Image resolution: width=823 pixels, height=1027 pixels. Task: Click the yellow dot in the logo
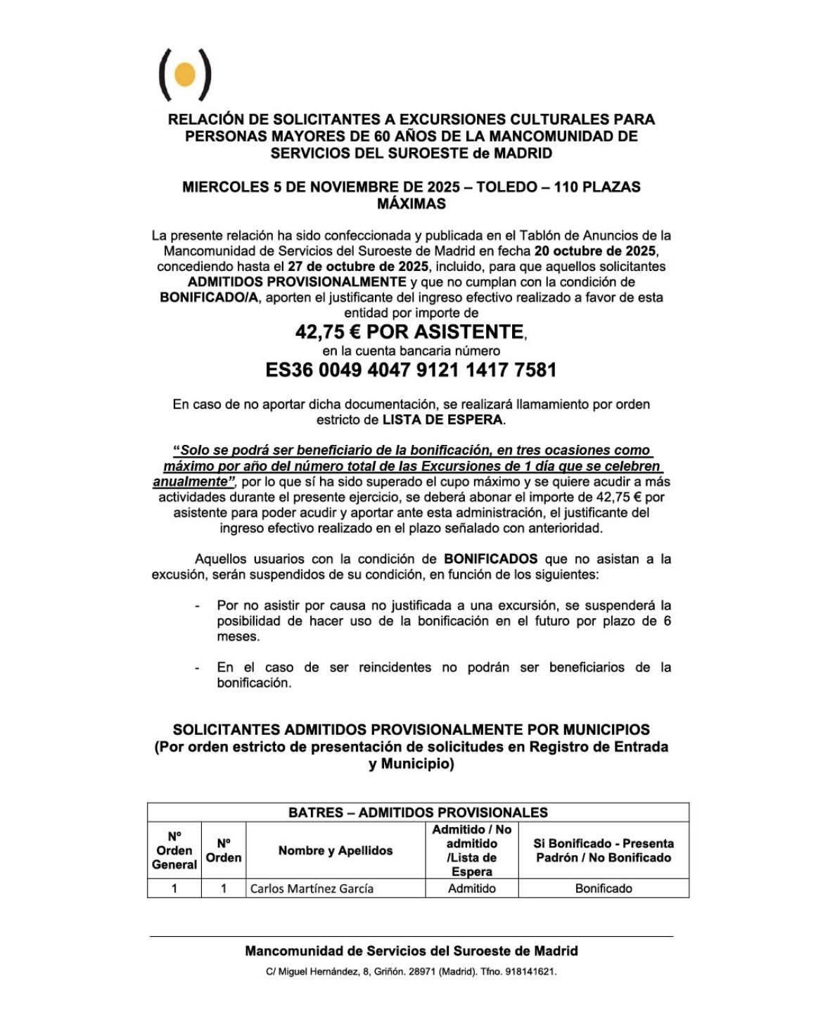(x=184, y=74)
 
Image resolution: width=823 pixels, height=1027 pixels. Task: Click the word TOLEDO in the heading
(x=506, y=187)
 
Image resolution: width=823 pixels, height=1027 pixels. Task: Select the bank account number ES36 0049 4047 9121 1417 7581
(x=411, y=370)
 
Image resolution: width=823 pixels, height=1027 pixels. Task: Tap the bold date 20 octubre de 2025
(x=596, y=251)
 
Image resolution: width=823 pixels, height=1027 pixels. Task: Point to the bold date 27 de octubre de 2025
(x=358, y=267)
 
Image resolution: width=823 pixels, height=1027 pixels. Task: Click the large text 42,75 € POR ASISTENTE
(x=409, y=332)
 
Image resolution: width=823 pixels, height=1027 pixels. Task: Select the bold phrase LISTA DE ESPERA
(x=442, y=420)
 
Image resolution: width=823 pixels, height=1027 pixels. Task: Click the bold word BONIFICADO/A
(x=209, y=298)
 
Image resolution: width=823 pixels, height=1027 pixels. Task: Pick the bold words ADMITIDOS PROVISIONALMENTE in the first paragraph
(x=297, y=282)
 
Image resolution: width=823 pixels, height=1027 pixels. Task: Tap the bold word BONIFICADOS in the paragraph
(x=490, y=560)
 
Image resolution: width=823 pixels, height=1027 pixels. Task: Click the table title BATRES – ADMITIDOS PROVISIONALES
(x=418, y=812)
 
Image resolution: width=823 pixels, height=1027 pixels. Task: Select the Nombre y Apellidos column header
(x=336, y=850)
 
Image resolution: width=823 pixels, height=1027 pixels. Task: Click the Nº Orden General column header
(x=174, y=850)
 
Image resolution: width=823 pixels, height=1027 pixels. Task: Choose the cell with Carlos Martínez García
(x=312, y=888)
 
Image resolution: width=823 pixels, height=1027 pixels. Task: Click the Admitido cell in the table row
(x=471, y=888)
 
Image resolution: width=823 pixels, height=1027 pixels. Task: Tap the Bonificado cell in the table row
(x=604, y=888)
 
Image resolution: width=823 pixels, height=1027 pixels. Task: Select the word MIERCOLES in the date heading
(x=225, y=187)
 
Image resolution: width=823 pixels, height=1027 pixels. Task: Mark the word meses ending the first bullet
(x=238, y=637)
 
